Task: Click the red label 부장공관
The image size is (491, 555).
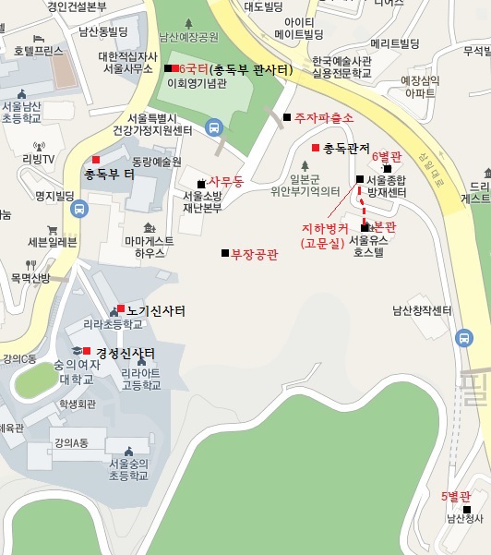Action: tap(254, 254)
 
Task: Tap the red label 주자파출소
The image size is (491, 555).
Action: tap(324, 117)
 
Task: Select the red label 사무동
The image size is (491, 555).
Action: tap(226, 181)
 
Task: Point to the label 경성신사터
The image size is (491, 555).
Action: tap(125, 353)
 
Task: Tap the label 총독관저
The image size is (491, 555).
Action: tap(346, 149)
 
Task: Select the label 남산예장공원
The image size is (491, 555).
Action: tap(187, 38)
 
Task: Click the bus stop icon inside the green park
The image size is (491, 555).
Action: tap(214, 128)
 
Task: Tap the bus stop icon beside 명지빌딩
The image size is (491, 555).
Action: tap(79, 210)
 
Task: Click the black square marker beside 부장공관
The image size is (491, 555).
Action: tap(224, 254)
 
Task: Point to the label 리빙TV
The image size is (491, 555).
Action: tap(39, 158)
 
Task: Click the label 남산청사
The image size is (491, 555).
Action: tap(464, 518)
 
